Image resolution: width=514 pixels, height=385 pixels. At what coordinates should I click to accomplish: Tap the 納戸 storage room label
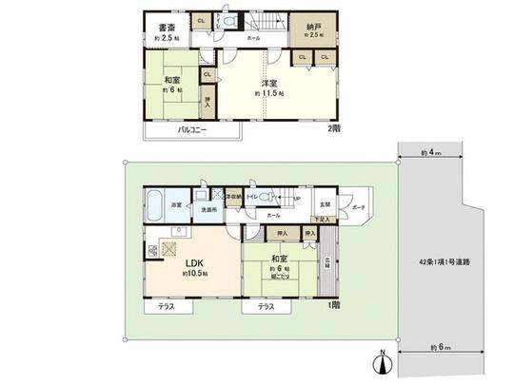pyautogui.click(x=313, y=26)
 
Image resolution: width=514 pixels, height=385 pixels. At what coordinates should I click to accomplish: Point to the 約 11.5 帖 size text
pyautogui.click(x=270, y=95)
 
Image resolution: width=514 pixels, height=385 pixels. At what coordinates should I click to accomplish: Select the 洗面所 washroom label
pyautogui.click(x=208, y=209)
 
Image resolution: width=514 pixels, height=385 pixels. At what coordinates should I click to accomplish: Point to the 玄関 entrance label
pyautogui.click(x=325, y=203)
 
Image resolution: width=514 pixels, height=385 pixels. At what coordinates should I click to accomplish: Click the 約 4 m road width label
pyautogui.click(x=431, y=152)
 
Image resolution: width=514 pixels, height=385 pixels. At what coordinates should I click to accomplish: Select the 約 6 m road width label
pyautogui.click(x=437, y=343)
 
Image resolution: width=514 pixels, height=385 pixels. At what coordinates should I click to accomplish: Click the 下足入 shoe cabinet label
pyautogui.click(x=324, y=219)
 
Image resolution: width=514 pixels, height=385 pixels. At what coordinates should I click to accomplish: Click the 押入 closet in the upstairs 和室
pyautogui.click(x=208, y=97)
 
